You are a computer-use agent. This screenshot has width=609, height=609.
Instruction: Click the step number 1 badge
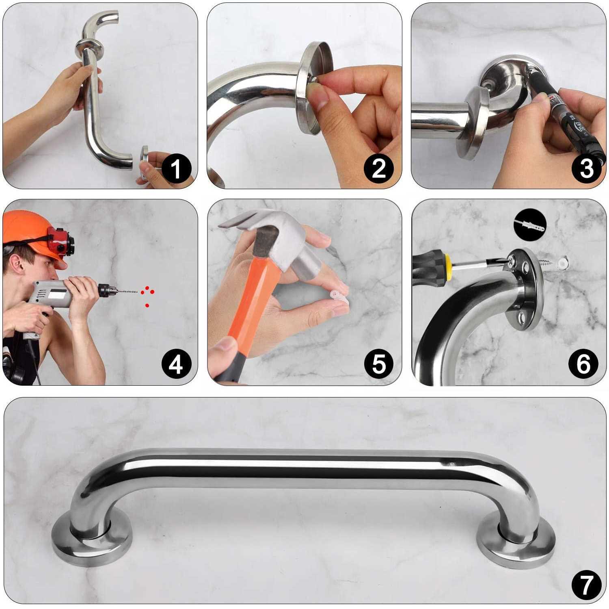point(176,168)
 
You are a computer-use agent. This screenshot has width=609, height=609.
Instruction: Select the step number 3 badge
point(586,168)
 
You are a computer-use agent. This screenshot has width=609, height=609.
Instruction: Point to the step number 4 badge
point(176,364)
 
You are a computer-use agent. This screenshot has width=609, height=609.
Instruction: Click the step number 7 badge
point(586,585)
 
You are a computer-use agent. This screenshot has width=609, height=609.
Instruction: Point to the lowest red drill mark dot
point(147,305)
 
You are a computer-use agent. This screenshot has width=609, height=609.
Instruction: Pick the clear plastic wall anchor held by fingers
point(339,296)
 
